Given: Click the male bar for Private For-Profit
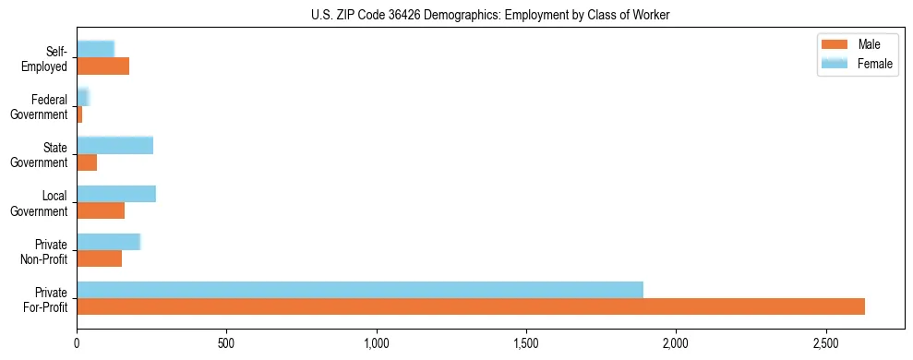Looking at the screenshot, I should [x=471, y=306].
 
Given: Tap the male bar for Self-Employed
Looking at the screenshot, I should [x=102, y=66].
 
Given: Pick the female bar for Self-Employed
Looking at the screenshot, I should [x=95, y=49].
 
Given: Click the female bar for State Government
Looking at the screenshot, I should [x=114, y=145].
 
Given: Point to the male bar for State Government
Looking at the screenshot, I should [x=87, y=162].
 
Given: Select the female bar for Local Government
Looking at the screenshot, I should [x=116, y=194].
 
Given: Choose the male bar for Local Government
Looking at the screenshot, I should [x=101, y=210].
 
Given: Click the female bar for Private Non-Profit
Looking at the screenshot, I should [x=108, y=242].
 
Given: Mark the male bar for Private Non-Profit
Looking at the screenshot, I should [x=99, y=258].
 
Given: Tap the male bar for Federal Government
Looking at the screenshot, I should [x=79, y=114].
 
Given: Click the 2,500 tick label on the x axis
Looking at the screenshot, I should [x=826, y=343].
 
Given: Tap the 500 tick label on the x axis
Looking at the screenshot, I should [x=226, y=343].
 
